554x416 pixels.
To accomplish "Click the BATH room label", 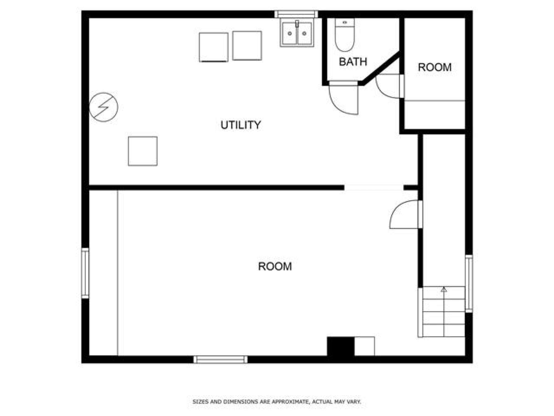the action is pos(353,62).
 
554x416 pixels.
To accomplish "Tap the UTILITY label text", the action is pos(240,125).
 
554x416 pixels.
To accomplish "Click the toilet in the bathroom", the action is pos(345,35).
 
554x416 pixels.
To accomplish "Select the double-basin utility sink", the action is pos(297,33).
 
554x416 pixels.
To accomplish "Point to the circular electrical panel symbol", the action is pos(104,107).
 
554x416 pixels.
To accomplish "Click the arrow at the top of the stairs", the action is pos(444,290).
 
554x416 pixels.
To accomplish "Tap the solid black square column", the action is pos(341,346).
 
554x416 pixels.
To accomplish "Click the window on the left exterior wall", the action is pos(85,273).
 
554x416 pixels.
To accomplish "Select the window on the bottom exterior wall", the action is pos(220,359).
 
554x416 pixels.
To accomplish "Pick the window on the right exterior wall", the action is pos(469,283).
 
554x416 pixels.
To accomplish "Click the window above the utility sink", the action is pos(296,14).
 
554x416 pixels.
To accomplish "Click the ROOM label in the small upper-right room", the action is pos(435,67).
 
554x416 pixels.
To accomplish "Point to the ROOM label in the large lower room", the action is pos(275,266).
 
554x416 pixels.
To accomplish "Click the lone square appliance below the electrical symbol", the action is pos(143,151).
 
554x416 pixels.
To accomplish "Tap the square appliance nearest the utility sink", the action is pos(247,46).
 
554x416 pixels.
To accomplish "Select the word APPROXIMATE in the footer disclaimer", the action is pos(290,402).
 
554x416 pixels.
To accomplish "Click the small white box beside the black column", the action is pos(365,346).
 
